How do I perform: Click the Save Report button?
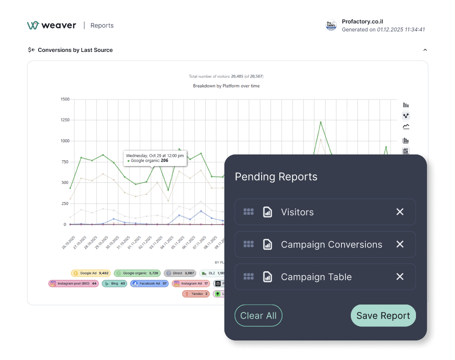click(383, 316)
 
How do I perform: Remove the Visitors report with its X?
click(400, 212)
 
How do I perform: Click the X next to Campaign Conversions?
click(400, 244)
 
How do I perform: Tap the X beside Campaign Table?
click(400, 277)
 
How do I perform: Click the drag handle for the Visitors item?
click(248, 212)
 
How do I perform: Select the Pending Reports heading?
click(276, 177)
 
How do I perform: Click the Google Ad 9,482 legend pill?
click(91, 273)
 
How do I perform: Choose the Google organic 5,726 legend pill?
click(137, 273)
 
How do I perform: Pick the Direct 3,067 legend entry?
click(180, 273)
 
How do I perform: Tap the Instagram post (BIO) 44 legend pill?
click(74, 283)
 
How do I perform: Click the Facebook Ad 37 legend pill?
click(149, 283)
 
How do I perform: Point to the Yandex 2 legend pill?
click(196, 293)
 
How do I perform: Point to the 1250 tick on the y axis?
click(65, 120)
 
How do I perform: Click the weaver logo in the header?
click(51, 25)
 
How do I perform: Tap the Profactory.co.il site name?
click(362, 22)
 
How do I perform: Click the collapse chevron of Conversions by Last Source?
click(425, 50)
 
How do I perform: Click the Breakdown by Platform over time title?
click(226, 86)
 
